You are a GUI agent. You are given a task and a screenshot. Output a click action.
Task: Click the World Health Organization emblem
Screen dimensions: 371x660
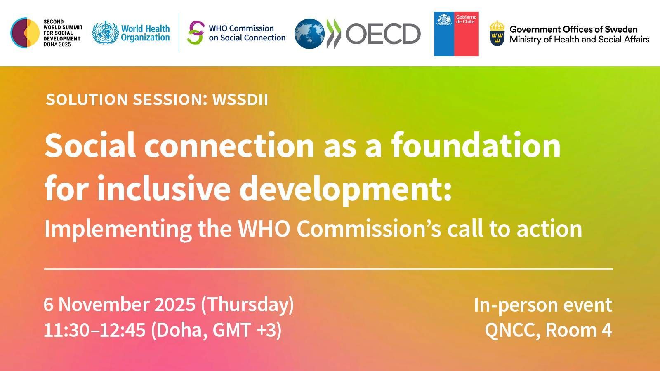coord(105,33)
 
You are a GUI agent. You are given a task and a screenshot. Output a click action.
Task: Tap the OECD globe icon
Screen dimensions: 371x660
coord(309,34)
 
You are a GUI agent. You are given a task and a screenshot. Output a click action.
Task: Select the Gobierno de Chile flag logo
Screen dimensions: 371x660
coord(456,34)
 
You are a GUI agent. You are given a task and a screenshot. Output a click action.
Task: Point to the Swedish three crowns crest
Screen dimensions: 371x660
coord(497,34)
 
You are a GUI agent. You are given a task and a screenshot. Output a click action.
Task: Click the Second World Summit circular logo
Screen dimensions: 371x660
coord(25,33)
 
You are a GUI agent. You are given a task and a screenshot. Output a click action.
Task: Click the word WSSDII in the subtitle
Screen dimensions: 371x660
coord(240,100)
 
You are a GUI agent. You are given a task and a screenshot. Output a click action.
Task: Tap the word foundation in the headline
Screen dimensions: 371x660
coord(476,145)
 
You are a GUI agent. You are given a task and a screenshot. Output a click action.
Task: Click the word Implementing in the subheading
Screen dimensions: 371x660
coord(118,229)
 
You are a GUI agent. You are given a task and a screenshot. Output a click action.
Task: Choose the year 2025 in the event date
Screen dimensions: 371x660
coord(175,305)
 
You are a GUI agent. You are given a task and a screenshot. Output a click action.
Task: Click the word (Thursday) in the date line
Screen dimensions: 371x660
coord(247,305)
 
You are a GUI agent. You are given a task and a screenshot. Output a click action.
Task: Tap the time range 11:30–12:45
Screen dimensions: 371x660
coord(94,330)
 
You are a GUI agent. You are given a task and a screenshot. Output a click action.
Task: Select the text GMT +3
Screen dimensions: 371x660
coord(246,330)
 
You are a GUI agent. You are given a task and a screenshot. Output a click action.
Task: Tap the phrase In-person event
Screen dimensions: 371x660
coord(543,305)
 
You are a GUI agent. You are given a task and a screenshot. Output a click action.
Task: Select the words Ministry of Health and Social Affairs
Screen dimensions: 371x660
coord(579,40)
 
